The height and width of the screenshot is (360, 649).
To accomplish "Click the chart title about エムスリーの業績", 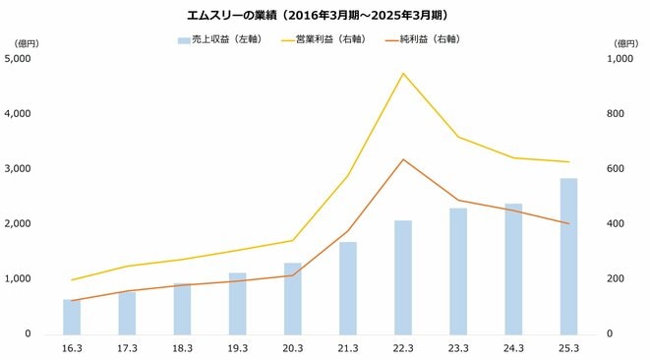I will point(324,16).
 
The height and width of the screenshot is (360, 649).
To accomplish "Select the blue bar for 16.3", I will point(72,316).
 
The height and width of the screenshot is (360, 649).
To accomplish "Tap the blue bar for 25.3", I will point(568,256).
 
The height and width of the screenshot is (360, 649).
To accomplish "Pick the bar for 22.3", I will point(403,276).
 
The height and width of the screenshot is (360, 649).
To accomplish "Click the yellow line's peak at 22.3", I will point(403,73).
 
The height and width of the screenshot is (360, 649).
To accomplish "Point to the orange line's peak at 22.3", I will point(403,159).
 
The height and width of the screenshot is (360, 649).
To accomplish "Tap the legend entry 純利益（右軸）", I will point(429,40).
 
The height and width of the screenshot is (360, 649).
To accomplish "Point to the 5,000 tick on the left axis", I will point(20,59).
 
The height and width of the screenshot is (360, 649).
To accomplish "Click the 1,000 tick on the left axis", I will point(20,279).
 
